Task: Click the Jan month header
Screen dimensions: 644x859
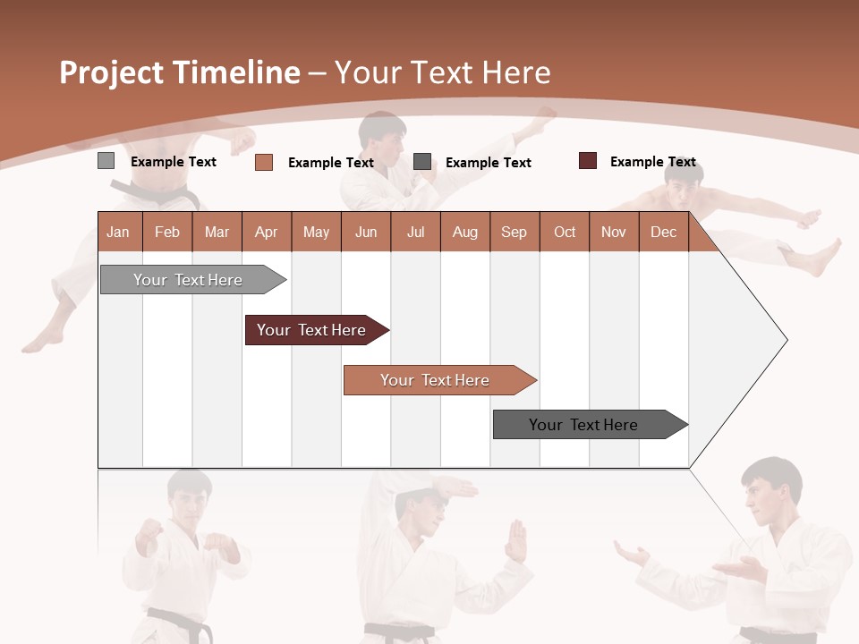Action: [118, 232]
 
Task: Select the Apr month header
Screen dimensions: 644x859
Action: [266, 232]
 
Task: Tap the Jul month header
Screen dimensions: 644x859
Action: [415, 232]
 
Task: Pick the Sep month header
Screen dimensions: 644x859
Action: [514, 232]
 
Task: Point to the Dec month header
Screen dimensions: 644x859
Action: [663, 232]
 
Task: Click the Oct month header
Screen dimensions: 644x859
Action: [565, 232]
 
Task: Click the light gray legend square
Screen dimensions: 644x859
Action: [106, 161]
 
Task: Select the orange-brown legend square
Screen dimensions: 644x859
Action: [264, 162]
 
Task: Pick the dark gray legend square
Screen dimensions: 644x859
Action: [422, 162]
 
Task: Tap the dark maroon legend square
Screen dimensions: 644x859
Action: [588, 161]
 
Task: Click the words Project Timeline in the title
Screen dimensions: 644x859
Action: [179, 72]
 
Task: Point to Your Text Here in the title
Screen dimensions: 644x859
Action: [442, 72]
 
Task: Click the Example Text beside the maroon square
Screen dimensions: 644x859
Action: [652, 162]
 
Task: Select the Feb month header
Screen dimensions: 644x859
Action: [167, 232]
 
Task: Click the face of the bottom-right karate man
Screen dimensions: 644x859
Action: [765, 496]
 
